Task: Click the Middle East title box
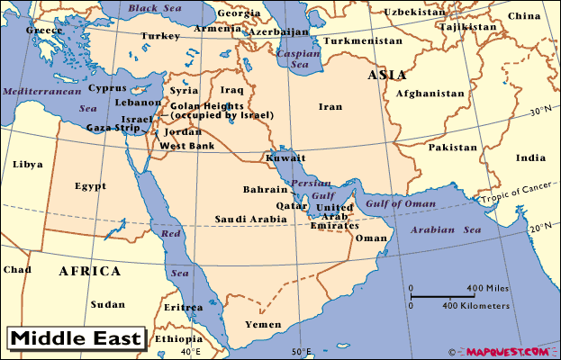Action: (77, 339)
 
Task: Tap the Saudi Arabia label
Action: (250, 220)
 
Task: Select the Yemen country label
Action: (263, 323)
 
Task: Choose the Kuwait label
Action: (285, 158)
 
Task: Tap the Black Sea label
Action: (155, 8)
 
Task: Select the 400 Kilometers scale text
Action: (475, 306)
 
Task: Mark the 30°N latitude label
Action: (539, 112)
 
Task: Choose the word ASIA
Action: (386, 76)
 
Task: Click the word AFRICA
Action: (89, 271)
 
